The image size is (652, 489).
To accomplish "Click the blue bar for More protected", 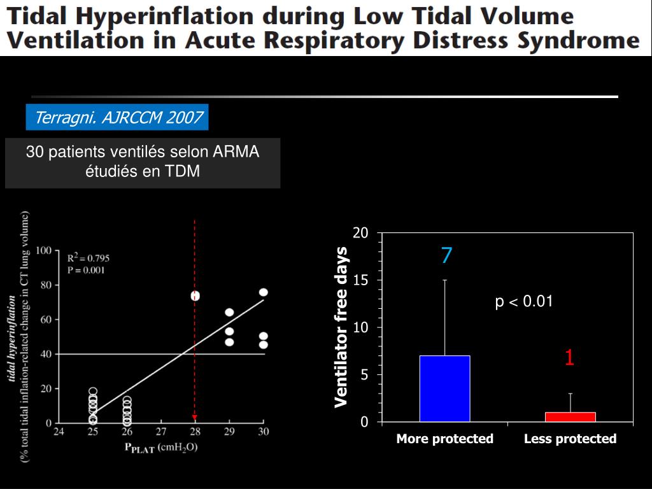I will pos(444,388).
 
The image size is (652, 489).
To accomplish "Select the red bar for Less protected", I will pos(570,417).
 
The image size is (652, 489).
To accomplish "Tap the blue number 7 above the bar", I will pos(446,256).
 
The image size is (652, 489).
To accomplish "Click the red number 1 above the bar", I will pos(569,358).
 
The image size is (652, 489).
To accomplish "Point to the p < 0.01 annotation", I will pos(524,302).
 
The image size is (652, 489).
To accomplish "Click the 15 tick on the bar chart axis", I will pos(360,280).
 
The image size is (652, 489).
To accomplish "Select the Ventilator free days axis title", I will pos(342,327).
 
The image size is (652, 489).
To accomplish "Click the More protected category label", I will pos(444,439).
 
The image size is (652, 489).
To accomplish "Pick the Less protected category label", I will pos(570,439).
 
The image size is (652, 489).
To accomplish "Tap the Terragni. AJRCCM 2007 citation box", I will pos(118,118).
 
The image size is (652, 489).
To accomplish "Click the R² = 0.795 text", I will pos(89,258).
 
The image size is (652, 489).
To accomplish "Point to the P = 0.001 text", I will pos(86,269).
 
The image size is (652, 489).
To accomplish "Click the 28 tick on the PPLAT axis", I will pos(195,432).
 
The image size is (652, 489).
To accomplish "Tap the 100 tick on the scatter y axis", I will pos(43,251).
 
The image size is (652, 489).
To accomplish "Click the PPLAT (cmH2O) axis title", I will pos(160,447).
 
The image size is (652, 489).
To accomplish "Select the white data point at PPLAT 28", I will pos(195,296).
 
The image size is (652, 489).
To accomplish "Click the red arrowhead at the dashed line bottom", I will pos(195,418).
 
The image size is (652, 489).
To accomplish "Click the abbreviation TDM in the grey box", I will pos(185,171).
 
